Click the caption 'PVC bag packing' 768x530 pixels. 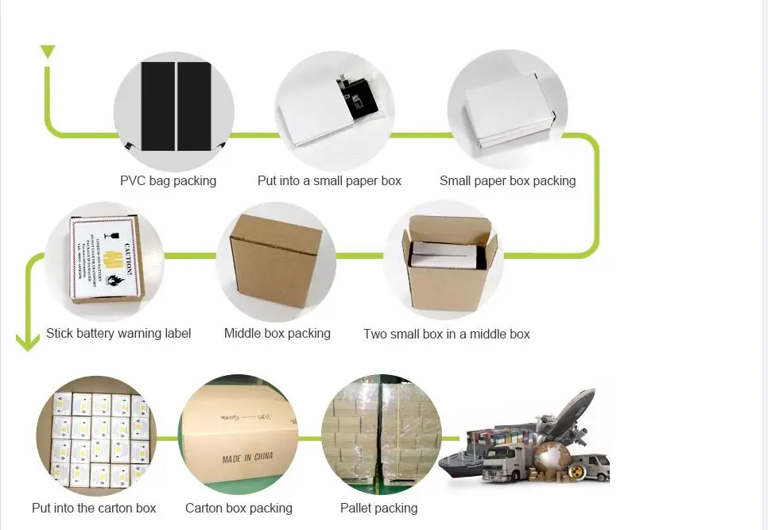point(168,180)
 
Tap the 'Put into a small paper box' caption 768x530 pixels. point(329,180)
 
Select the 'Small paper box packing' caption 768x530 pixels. point(507,180)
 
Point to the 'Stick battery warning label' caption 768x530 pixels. point(118,333)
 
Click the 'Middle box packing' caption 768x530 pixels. point(277,333)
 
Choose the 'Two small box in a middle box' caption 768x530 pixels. point(446,334)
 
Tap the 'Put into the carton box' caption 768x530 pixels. point(94,508)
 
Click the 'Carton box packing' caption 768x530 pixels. point(239,508)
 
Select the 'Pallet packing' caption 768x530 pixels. point(378,508)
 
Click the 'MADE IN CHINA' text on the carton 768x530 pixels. point(247,458)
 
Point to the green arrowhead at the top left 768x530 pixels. point(48,52)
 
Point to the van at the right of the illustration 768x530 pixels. point(588,466)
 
